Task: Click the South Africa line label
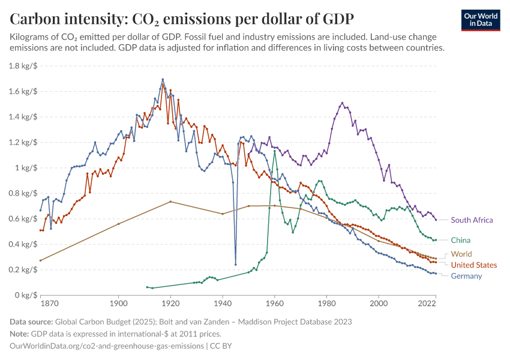click(472, 220)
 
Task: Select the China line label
click(461, 240)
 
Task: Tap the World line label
click(461, 254)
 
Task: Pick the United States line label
click(473, 265)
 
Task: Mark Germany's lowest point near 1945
click(236, 265)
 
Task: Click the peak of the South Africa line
click(342, 103)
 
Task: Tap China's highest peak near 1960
click(275, 151)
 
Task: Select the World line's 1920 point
click(170, 202)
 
